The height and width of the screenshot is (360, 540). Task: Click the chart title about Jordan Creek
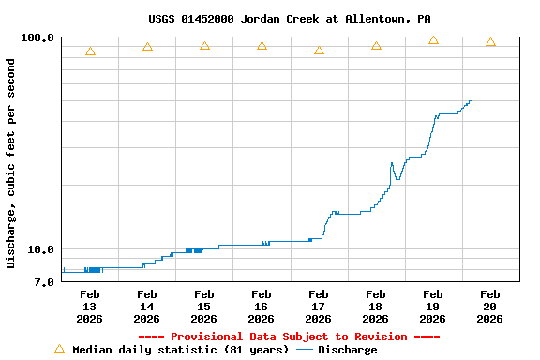[x=290, y=19]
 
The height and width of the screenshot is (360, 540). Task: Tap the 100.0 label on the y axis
[x=38, y=37]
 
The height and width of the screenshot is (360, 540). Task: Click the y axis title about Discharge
[x=11, y=163]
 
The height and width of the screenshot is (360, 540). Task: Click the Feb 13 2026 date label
[x=89, y=307]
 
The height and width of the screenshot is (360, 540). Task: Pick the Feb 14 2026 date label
[x=146, y=307]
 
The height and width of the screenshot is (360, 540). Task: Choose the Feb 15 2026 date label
[x=203, y=307]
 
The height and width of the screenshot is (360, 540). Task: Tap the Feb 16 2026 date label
[x=261, y=307]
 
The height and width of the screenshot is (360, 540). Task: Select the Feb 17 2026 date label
[x=318, y=307]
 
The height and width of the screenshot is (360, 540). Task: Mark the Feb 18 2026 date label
[x=375, y=307]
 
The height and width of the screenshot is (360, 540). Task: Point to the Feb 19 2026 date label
[x=432, y=307]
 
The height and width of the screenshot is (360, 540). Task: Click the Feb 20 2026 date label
[x=489, y=307]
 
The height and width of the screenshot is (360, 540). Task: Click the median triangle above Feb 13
[x=90, y=52]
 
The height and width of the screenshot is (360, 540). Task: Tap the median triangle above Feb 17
[x=319, y=51]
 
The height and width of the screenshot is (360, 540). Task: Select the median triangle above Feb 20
[x=490, y=42]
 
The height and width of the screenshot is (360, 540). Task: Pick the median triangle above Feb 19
[x=433, y=40]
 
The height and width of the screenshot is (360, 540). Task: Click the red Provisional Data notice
[x=289, y=337]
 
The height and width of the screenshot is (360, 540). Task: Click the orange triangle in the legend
[x=59, y=349]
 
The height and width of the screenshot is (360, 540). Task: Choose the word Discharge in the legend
[x=347, y=350]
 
